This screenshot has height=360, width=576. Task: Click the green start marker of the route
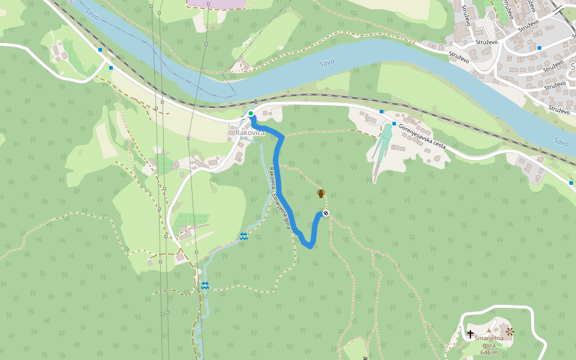pyautogui.click(x=251, y=113)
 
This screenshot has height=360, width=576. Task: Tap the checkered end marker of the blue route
pyautogui.click(x=326, y=214)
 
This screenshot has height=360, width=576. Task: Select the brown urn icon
pyautogui.click(x=321, y=193)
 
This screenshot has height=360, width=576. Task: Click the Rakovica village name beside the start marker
pyautogui.click(x=246, y=132)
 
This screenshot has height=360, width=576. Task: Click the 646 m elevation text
pyautogui.click(x=489, y=352)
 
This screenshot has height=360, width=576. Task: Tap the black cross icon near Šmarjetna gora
pyautogui.click(x=470, y=333)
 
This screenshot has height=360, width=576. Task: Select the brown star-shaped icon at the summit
pyautogui.click(x=510, y=331)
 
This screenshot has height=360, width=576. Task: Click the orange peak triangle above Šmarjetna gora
pyautogui.click(x=489, y=330)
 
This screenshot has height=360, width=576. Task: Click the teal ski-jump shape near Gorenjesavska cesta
pyautogui.click(x=382, y=150)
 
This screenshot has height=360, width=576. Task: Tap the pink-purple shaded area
pyautogui.click(x=216, y=4)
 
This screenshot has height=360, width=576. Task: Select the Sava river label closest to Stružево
pyautogui.click(x=327, y=62)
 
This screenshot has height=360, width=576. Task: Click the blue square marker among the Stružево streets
pyautogui.click(x=539, y=47)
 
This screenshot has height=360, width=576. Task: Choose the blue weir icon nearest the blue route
pyautogui.click(x=244, y=236)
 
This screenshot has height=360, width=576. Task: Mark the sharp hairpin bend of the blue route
pyautogui.click(x=309, y=245)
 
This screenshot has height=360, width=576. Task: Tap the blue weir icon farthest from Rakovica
pyautogui.click(x=205, y=285)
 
